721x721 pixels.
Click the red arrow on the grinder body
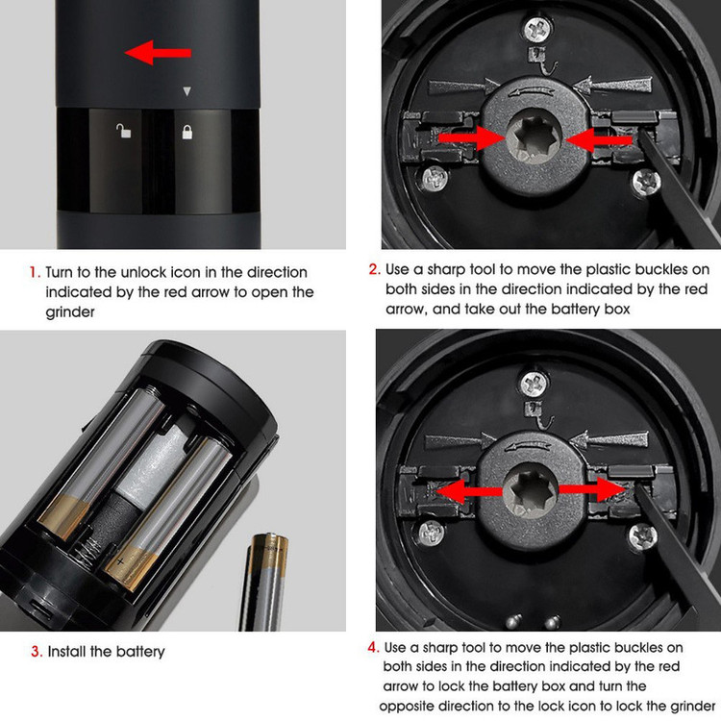(158, 52)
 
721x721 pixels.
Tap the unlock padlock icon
(123, 131)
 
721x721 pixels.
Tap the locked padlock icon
(187, 132)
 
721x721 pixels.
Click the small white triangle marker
(186, 91)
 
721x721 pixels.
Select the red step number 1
(35, 272)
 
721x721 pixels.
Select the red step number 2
(374, 269)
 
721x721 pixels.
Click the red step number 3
(37, 651)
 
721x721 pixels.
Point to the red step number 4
(373, 647)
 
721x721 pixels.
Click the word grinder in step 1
(70, 312)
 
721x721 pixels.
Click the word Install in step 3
(67, 651)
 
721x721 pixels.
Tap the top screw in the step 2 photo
(536, 30)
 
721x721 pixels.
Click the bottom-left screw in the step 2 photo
(435, 179)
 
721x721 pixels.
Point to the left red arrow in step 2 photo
(471, 137)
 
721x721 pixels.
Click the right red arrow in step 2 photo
(599, 138)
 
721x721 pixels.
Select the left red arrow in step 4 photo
(468, 491)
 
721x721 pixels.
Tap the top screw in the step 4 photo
(534, 383)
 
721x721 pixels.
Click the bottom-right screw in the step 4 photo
(643, 536)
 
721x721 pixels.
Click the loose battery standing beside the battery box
(264, 583)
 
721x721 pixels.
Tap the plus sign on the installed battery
(120, 561)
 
